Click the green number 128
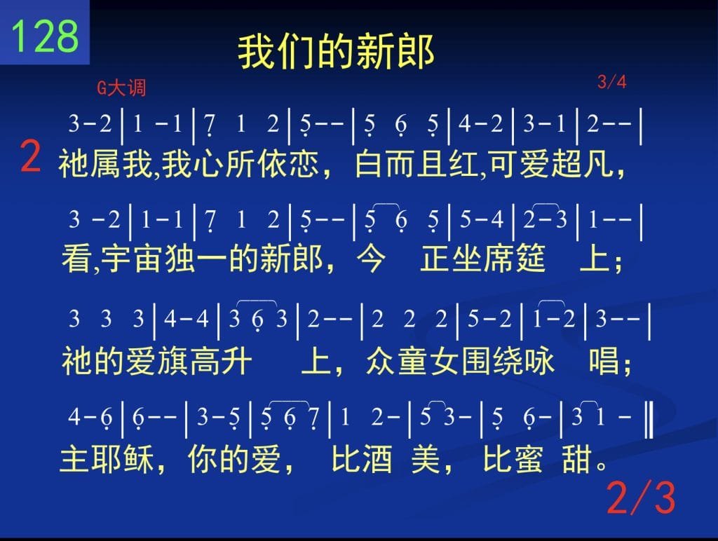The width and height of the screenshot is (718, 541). coord(44,35)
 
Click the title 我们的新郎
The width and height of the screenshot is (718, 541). coord(336,52)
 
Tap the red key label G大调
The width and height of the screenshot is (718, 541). coord(121,88)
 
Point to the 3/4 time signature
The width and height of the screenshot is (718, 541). coord(611,82)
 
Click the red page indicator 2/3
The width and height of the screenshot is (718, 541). coord(641,498)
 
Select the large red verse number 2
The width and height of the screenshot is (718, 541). coord(31,156)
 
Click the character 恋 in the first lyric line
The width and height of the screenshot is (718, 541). coord(304,164)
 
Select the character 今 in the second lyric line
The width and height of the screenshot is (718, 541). coord(371,259)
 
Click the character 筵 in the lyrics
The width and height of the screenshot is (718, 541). coord(529,259)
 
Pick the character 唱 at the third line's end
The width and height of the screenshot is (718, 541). coord(604,361)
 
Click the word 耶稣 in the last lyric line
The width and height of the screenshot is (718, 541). coord(122,459)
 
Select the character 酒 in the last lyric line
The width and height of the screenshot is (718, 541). coord(377,459)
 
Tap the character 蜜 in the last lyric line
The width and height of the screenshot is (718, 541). coord(528,459)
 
